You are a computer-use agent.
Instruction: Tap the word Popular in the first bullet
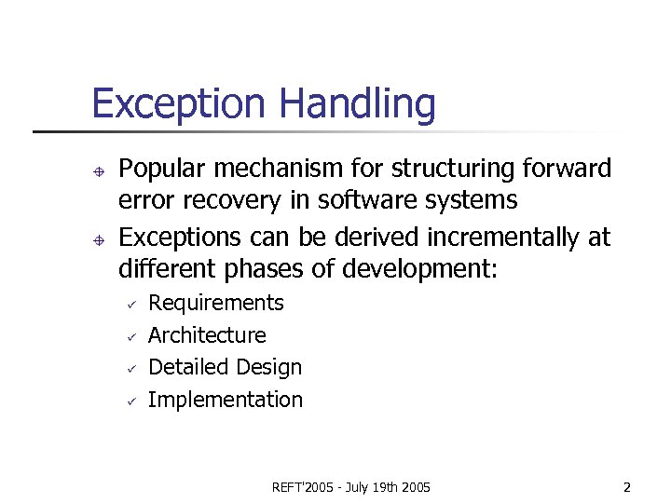pyautogui.click(x=163, y=170)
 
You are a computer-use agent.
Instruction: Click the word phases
pyautogui.click(x=267, y=270)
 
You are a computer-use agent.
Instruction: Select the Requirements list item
pyautogui.click(x=216, y=304)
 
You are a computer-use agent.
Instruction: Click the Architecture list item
pyautogui.click(x=207, y=335)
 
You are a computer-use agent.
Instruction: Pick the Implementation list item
pyautogui.click(x=226, y=400)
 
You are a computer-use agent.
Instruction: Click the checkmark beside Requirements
pyautogui.click(x=132, y=305)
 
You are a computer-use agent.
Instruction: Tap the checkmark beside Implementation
pyautogui.click(x=132, y=401)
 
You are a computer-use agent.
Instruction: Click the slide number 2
pyautogui.click(x=627, y=487)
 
